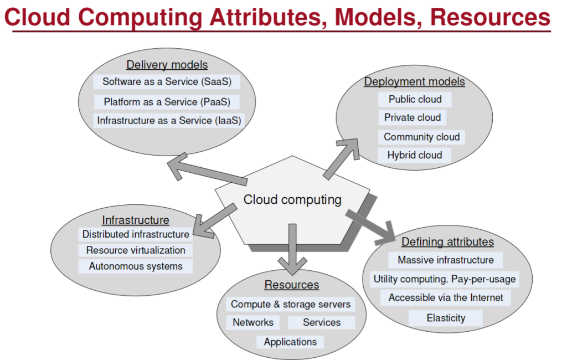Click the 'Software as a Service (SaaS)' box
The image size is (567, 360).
167,82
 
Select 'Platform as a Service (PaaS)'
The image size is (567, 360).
167,102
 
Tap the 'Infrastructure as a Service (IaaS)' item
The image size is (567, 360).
169,121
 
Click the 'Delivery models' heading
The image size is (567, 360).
167,65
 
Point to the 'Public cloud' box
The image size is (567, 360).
415,99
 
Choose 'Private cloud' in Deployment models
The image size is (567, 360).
412,117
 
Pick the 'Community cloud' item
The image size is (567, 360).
421,137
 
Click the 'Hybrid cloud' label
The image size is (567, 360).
414,155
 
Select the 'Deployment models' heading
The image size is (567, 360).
414,81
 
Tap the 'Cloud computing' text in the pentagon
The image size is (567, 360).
292,200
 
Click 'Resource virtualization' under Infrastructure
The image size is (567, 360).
136,250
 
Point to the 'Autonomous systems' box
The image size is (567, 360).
136,266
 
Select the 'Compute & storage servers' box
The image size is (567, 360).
291,304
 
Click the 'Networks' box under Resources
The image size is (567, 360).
253,322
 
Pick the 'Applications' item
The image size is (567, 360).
290,342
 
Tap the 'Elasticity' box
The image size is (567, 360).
446,318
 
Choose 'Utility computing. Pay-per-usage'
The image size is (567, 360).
445,279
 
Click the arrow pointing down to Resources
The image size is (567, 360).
292,250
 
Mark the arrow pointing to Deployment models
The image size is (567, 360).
341,158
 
